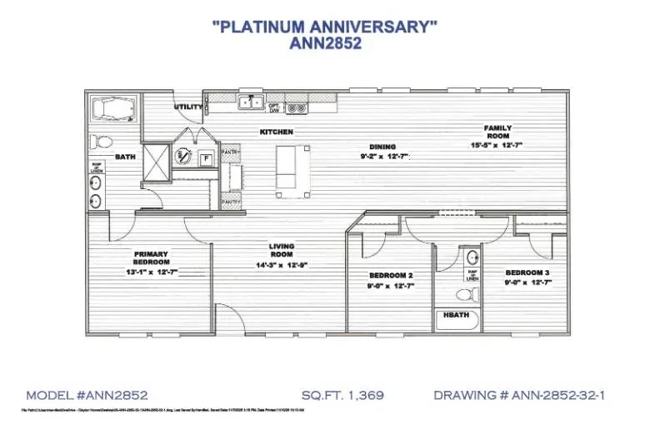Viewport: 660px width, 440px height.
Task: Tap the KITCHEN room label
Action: coord(276,132)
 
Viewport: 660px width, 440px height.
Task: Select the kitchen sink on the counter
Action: coord(247,104)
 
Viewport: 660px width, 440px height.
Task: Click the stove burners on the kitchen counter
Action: coord(296,107)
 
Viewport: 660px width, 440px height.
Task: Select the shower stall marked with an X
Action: coord(155,157)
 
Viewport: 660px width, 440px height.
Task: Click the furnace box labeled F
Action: coord(205,157)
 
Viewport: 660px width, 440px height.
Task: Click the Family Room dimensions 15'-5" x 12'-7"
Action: coord(497,145)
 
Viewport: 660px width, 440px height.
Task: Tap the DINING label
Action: coord(382,147)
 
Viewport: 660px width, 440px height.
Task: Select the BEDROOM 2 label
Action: coord(391,275)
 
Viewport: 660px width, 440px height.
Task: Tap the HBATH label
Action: coord(455,316)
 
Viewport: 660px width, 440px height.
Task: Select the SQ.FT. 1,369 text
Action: coord(342,394)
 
